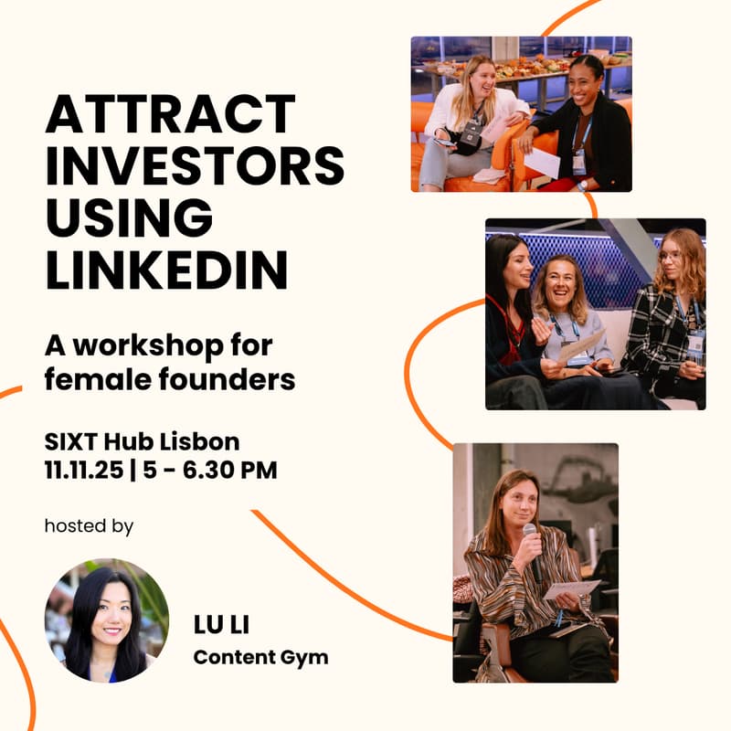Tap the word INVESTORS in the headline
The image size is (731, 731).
195,167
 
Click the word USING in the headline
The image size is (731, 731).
129,218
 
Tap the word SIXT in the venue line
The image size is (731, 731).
71,442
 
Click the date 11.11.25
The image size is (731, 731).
84,471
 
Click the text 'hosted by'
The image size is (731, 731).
89,526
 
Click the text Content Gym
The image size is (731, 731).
260,658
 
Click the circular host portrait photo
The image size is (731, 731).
107,620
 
